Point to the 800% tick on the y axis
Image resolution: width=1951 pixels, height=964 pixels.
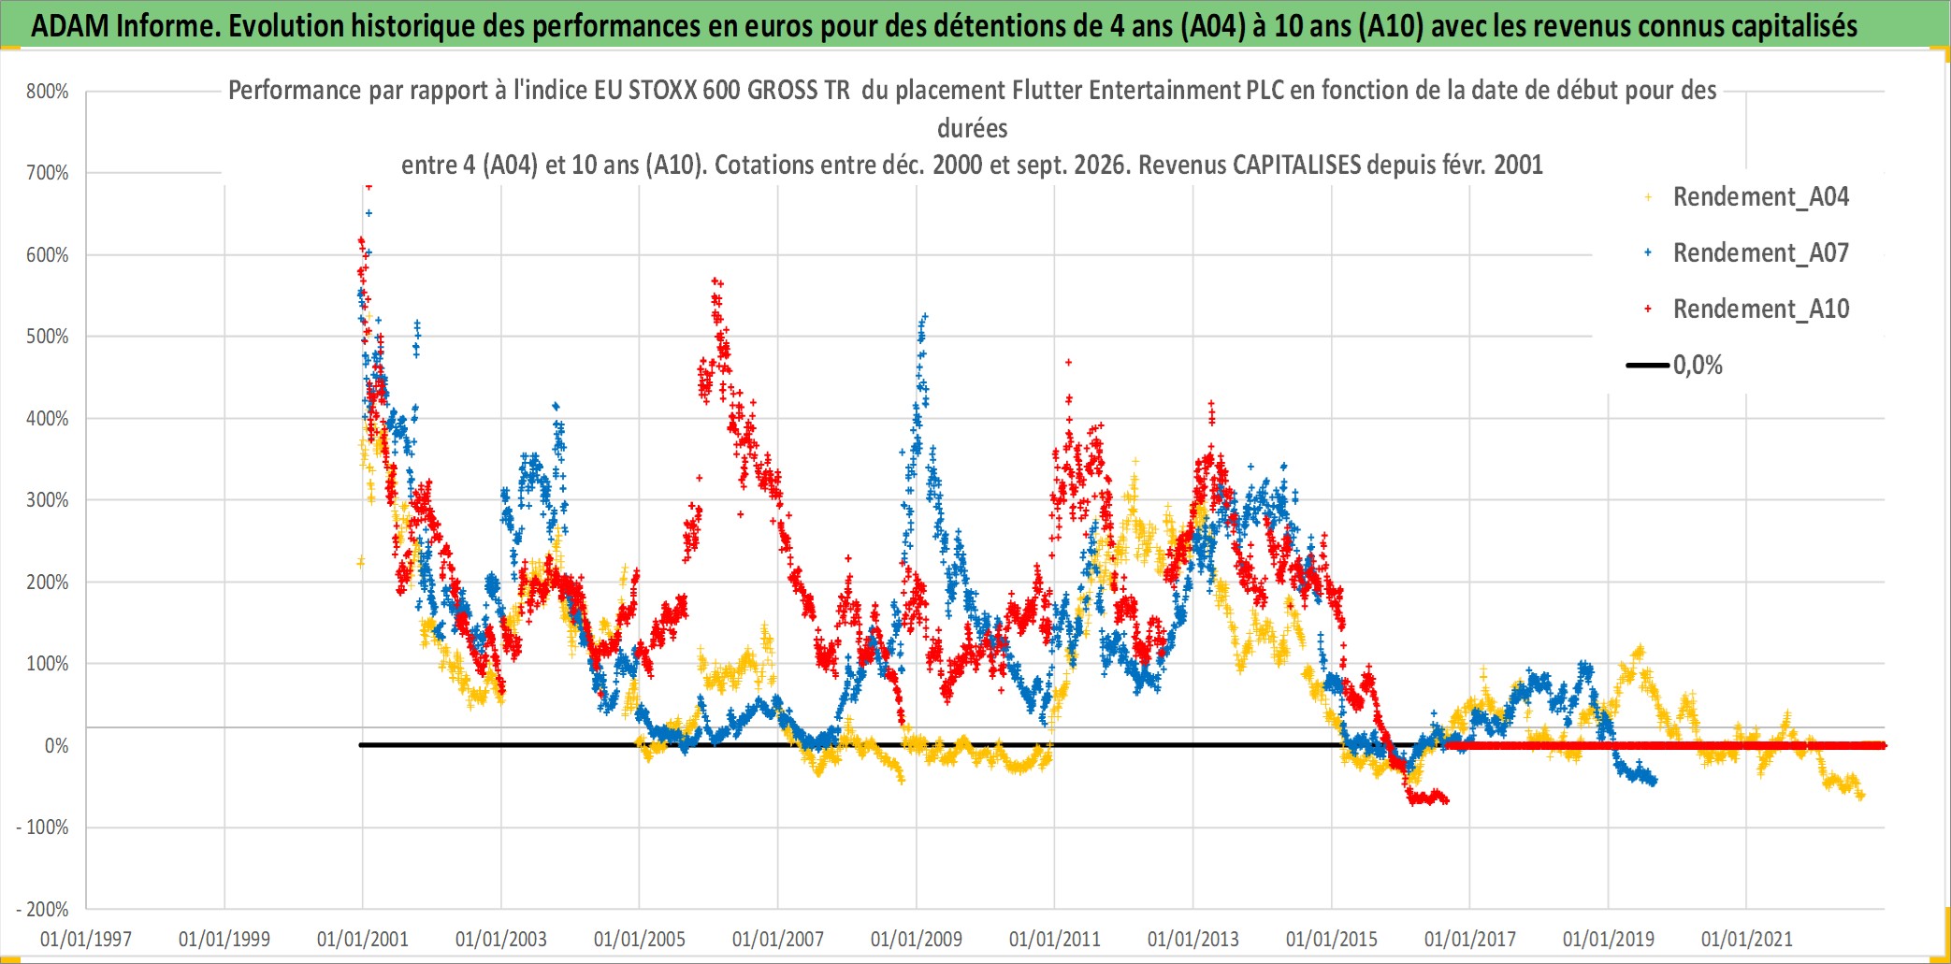click(x=48, y=92)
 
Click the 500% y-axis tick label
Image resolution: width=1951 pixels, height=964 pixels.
click(x=48, y=337)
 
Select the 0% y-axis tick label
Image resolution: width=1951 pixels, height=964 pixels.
click(x=56, y=746)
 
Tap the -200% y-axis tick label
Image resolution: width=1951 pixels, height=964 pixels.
click(x=43, y=910)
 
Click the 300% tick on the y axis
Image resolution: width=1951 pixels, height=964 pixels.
click(x=48, y=500)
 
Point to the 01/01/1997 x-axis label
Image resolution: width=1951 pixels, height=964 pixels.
click(x=86, y=939)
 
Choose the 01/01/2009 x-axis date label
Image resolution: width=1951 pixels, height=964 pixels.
click(x=917, y=939)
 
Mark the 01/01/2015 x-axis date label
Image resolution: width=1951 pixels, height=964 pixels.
click(x=1332, y=939)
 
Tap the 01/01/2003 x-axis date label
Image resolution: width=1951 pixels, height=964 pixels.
click(x=501, y=939)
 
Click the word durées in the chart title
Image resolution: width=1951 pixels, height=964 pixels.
click(x=973, y=128)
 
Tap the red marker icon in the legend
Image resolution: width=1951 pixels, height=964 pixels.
click(x=1648, y=309)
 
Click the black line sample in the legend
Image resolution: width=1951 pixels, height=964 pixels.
click(x=1648, y=366)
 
